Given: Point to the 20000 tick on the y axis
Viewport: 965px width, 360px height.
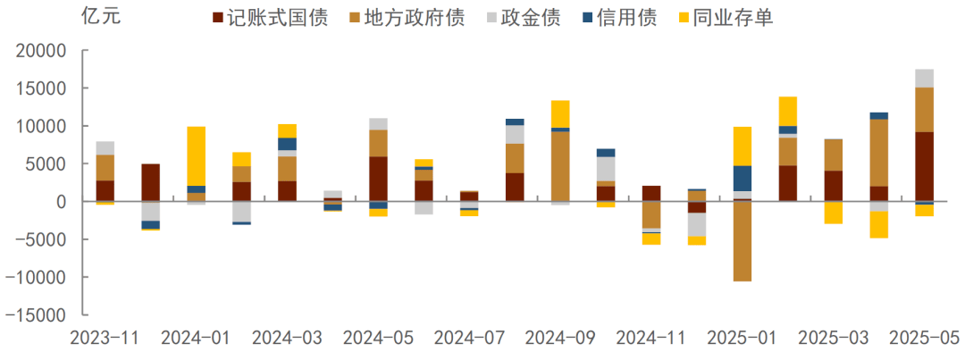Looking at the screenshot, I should [x=42, y=52].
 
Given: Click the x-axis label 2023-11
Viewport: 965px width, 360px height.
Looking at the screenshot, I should [x=105, y=339].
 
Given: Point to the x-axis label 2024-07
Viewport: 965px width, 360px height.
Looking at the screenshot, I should [x=469, y=339].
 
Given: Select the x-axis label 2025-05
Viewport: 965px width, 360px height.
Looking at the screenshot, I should [x=923, y=339].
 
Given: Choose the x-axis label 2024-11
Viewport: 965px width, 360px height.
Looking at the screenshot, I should [x=651, y=339].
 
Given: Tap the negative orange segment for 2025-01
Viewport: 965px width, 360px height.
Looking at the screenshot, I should [x=742, y=241].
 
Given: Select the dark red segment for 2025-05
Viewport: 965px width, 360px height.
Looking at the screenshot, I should [x=924, y=166].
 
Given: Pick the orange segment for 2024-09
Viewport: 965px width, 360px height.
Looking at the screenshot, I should [x=560, y=166].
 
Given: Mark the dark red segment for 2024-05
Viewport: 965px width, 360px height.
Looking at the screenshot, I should [x=378, y=179].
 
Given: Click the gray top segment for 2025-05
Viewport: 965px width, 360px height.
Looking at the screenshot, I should [x=924, y=78].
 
